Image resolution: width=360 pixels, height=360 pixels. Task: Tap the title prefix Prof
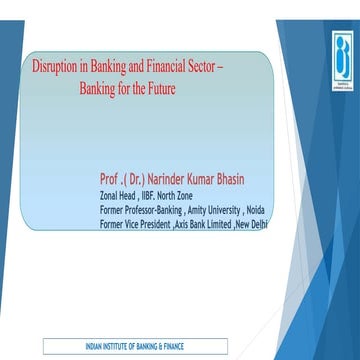click(x=111, y=179)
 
